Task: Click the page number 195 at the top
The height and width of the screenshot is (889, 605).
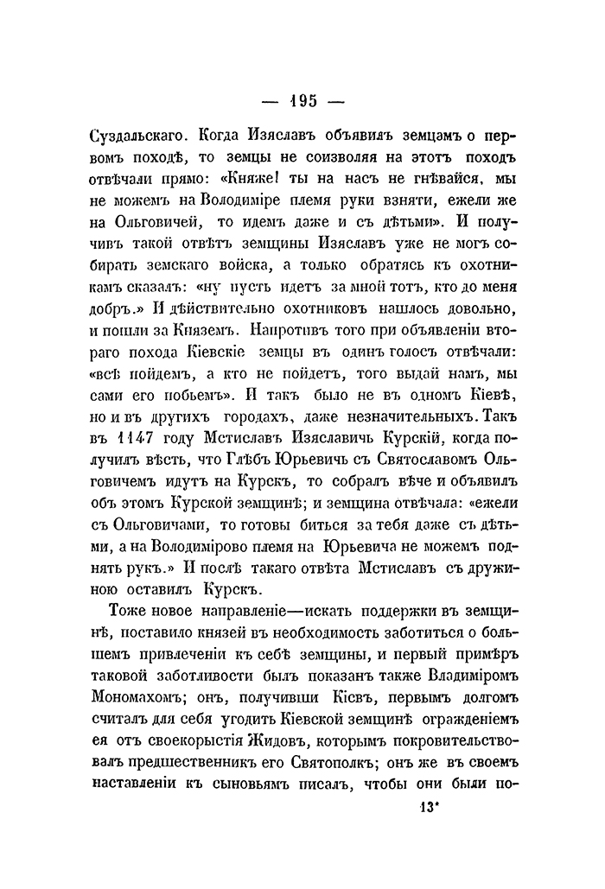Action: click(x=302, y=101)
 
